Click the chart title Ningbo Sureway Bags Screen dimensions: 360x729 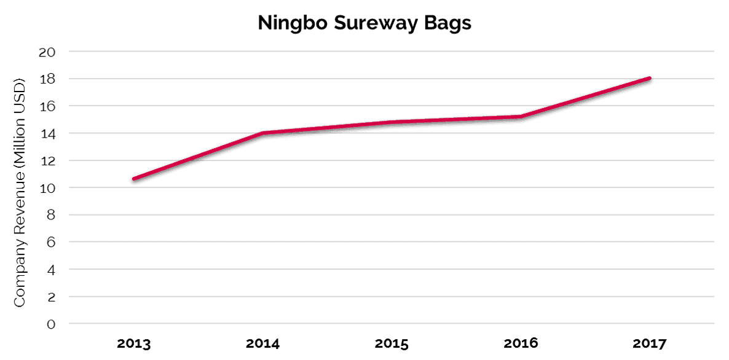click(364, 23)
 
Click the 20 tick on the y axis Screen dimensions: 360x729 click(47, 52)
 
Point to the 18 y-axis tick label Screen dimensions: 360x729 click(48, 79)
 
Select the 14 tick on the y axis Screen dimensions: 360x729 click(48, 133)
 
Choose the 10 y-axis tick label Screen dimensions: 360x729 click(48, 187)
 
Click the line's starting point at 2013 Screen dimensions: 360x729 click(134, 179)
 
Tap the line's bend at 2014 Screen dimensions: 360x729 click(263, 133)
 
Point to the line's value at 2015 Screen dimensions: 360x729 click(392, 122)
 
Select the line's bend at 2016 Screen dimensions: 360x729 click(521, 117)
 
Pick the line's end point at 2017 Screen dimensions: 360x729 click(650, 79)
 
